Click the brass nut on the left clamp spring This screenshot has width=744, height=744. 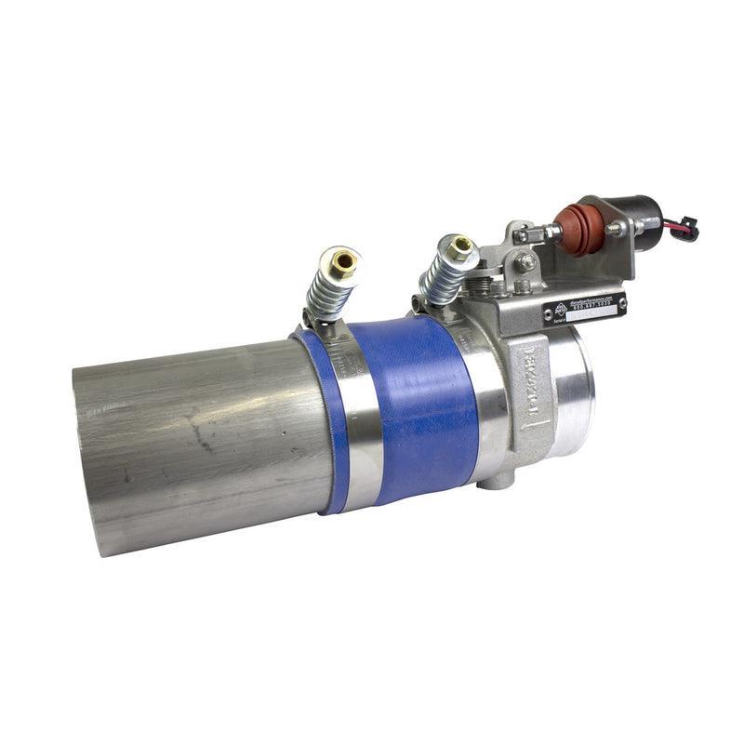click(345, 261)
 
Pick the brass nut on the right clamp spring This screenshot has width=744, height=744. click(460, 246)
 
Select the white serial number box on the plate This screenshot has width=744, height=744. click(596, 314)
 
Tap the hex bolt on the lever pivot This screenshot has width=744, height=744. click(527, 263)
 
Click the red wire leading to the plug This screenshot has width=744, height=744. click(672, 223)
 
